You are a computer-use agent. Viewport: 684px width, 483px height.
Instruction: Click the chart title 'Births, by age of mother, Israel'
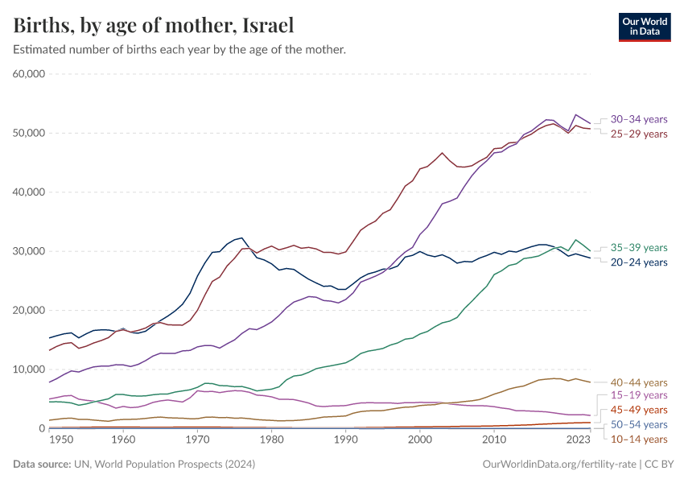(x=153, y=25)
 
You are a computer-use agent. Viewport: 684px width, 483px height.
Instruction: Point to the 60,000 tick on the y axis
(x=29, y=74)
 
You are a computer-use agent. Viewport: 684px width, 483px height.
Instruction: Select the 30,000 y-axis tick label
(x=29, y=251)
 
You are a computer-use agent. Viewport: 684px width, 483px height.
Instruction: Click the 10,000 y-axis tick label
(x=29, y=369)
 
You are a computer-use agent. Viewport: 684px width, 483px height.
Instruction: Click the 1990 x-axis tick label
(x=345, y=440)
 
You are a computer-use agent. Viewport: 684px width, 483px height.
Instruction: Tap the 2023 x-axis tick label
(x=578, y=440)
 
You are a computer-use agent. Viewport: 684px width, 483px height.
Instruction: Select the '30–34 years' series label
(x=639, y=119)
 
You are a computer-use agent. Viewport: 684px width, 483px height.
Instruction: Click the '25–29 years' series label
(x=639, y=134)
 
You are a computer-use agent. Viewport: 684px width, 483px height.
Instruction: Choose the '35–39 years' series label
(x=639, y=247)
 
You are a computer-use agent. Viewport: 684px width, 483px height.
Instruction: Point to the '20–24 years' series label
(x=639, y=262)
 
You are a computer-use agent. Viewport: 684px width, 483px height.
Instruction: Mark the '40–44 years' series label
(x=639, y=382)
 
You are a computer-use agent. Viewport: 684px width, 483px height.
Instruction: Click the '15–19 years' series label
(x=639, y=395)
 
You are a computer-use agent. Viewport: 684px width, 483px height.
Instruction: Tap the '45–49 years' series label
(x=639, y=410)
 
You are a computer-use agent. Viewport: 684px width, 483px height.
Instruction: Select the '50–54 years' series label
(x=639, y=424)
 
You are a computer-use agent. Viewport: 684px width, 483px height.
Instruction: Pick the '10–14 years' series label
(x=639, y=439)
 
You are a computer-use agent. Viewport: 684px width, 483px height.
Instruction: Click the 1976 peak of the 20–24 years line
(x=242, y=238)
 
